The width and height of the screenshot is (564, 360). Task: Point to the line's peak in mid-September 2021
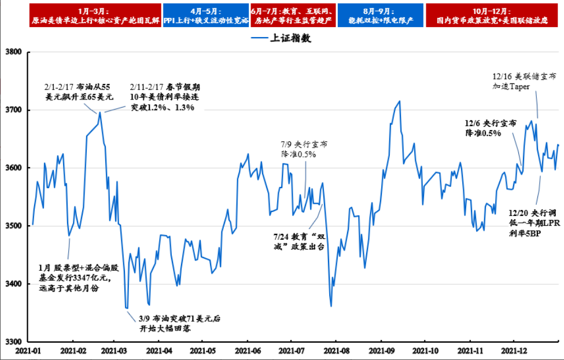400,101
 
